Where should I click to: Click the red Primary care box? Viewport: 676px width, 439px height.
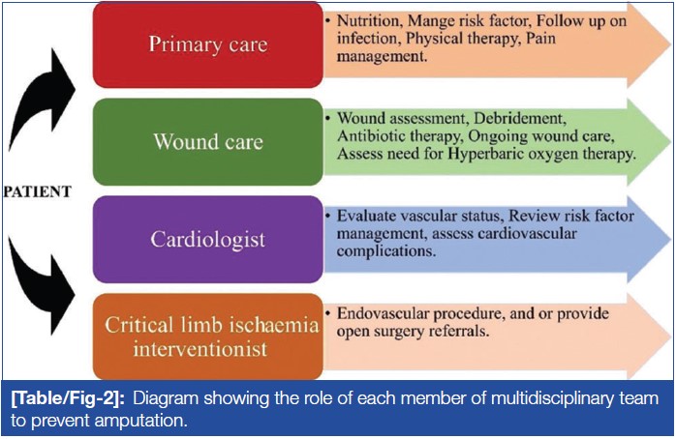tap(208, 45)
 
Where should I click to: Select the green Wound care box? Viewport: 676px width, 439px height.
tap(208, 141)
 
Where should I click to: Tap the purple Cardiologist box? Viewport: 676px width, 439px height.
tap(208, 238)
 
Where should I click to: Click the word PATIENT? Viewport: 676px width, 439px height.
tap(36, 191)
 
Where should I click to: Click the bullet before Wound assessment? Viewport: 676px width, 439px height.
tap(329, 119)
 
